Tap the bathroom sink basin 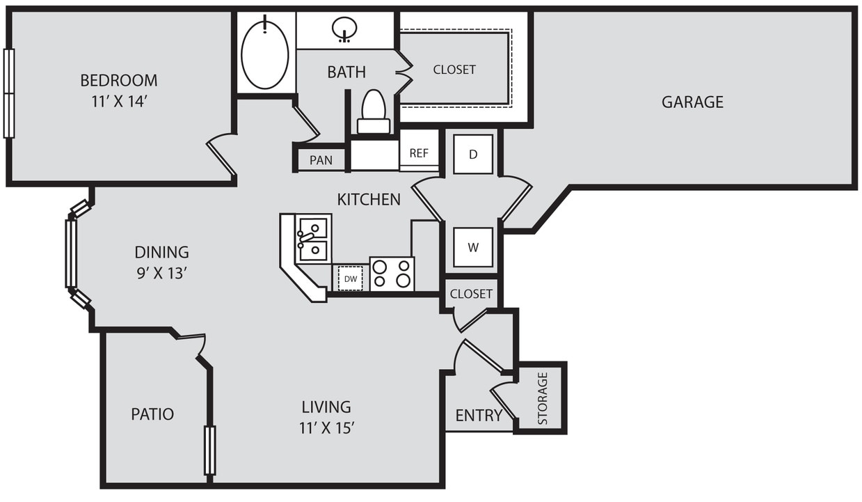point(344,29)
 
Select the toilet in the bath point(374,111)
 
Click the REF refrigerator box point(419,153)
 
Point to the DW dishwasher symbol point(351,279)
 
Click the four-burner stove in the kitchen point(392,274)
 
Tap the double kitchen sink point(312,238)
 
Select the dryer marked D point(473,154)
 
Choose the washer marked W point(473,247)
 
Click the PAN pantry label point(321,160)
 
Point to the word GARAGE point(692,102)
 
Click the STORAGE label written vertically point(543,399)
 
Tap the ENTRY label point(479,416)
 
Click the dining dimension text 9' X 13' point(161,274)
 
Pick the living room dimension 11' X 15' point(327,428)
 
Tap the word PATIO point(152,414)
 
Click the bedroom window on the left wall point(9,93)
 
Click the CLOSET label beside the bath point(454,70)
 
